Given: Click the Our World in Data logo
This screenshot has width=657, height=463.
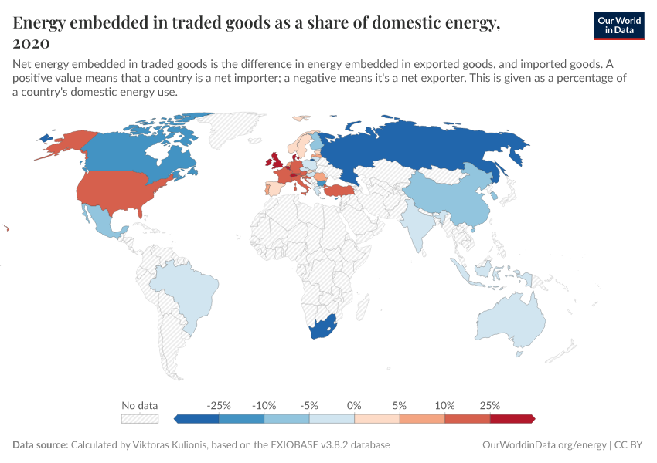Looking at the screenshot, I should (x=618, y=25).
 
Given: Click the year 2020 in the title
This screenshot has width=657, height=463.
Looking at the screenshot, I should (x=32, y=43).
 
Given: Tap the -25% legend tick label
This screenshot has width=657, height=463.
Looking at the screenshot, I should (x=219, y=405).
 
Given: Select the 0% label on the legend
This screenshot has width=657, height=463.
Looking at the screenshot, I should (x=355, y=405).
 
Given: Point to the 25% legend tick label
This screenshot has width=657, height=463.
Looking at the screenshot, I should (x=490, y=405).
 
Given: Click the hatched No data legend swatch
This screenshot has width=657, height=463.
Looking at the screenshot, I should (x=140, y=418).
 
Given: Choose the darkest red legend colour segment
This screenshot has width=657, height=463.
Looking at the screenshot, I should (x=512, y=418).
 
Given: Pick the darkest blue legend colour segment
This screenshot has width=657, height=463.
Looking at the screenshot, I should (x=196, y=418).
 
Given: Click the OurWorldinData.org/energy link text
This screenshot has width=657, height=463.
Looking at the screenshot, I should (x=544, y=445).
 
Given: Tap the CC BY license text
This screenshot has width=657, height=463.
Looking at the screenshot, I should (x=629, y=445).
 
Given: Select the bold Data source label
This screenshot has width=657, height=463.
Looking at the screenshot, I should (x=39, y=445).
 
